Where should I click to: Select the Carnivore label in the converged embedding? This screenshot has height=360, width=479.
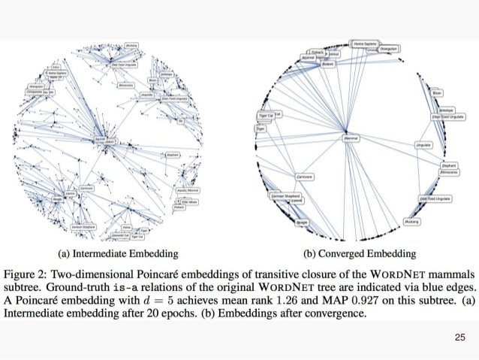(x=304, y=177)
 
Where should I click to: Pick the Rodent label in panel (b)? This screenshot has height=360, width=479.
(x=327, y=64)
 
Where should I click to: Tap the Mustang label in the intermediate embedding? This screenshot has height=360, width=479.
(x=131, y=46)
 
